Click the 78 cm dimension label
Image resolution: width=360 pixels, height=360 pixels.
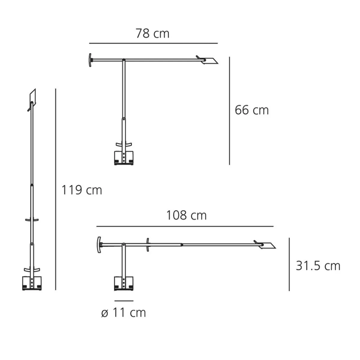[x=152, y=33]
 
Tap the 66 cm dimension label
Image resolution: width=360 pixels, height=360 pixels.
[x=252, y=110]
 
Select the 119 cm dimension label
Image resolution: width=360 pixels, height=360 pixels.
[x=82, y=190]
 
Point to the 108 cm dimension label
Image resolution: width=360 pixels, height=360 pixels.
[x=186, y=215]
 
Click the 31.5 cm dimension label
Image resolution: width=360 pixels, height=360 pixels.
[x=318, y=266]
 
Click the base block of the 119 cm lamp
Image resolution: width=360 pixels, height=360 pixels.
[x=32, y=283]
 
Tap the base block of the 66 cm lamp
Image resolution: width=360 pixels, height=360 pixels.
[x=124, y=158]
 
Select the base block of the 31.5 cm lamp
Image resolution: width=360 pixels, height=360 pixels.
[x=124, y=284]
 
